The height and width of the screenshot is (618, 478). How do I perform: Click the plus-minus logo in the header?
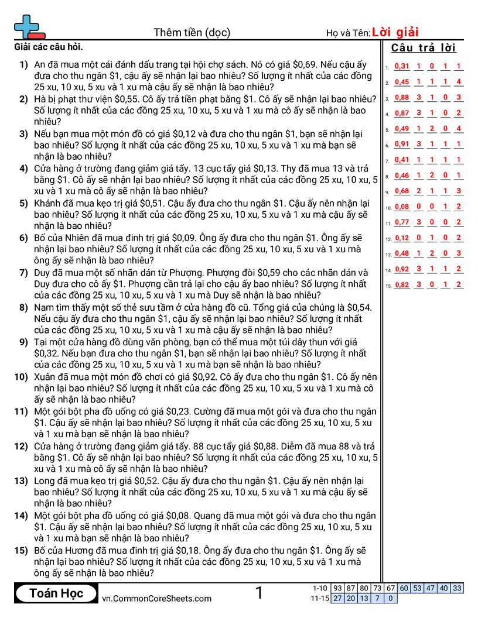coord(28,26)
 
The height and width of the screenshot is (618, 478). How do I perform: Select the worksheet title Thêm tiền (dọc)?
coord(192,32)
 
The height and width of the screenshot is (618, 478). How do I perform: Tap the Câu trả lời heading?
coord(424,48)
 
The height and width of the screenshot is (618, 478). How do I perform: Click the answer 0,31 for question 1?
coord(402,66)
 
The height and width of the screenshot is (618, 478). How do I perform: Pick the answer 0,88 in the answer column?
coord(402,98)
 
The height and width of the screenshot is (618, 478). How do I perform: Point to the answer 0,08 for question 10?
coord(402,207)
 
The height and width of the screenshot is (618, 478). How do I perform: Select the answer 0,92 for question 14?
coord(402,269)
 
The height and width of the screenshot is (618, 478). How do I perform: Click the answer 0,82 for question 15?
coord(402,285)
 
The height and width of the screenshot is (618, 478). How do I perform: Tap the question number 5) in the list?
coord(23,204)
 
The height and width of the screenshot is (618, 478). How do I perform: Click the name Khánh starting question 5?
coord(49,204)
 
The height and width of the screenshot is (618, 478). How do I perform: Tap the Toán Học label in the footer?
coord(56,593)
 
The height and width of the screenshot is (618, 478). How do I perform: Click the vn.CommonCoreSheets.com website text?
coord(156,598)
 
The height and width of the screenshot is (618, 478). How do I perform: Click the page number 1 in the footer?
coord(259,593)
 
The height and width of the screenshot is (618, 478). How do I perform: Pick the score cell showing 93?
coord(337,588)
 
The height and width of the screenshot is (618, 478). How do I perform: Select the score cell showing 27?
coord(337,598)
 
